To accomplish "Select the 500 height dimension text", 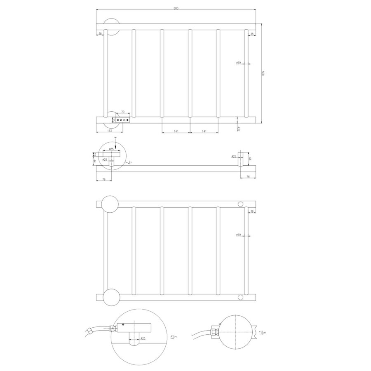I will click(262, 73).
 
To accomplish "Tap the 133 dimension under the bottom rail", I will click(110, 131).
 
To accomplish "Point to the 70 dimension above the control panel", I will click(123, 112).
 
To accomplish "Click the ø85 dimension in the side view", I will click(111, 149).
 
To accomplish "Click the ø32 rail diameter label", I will click(239, 129).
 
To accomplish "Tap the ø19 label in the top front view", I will click(238, 63).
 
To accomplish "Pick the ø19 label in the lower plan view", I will click(238, 235).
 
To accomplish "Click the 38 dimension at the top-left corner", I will click(100, 34).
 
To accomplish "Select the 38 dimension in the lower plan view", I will click(251, 211).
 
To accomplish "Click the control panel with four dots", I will click(123, 120).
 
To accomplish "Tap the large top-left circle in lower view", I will click(110, 204).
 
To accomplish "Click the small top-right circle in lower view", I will click(240, 204).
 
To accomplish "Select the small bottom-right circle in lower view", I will click(240, 297).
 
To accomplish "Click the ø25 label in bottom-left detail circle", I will click(143, 338).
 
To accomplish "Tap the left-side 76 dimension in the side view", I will click(104, 179).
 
